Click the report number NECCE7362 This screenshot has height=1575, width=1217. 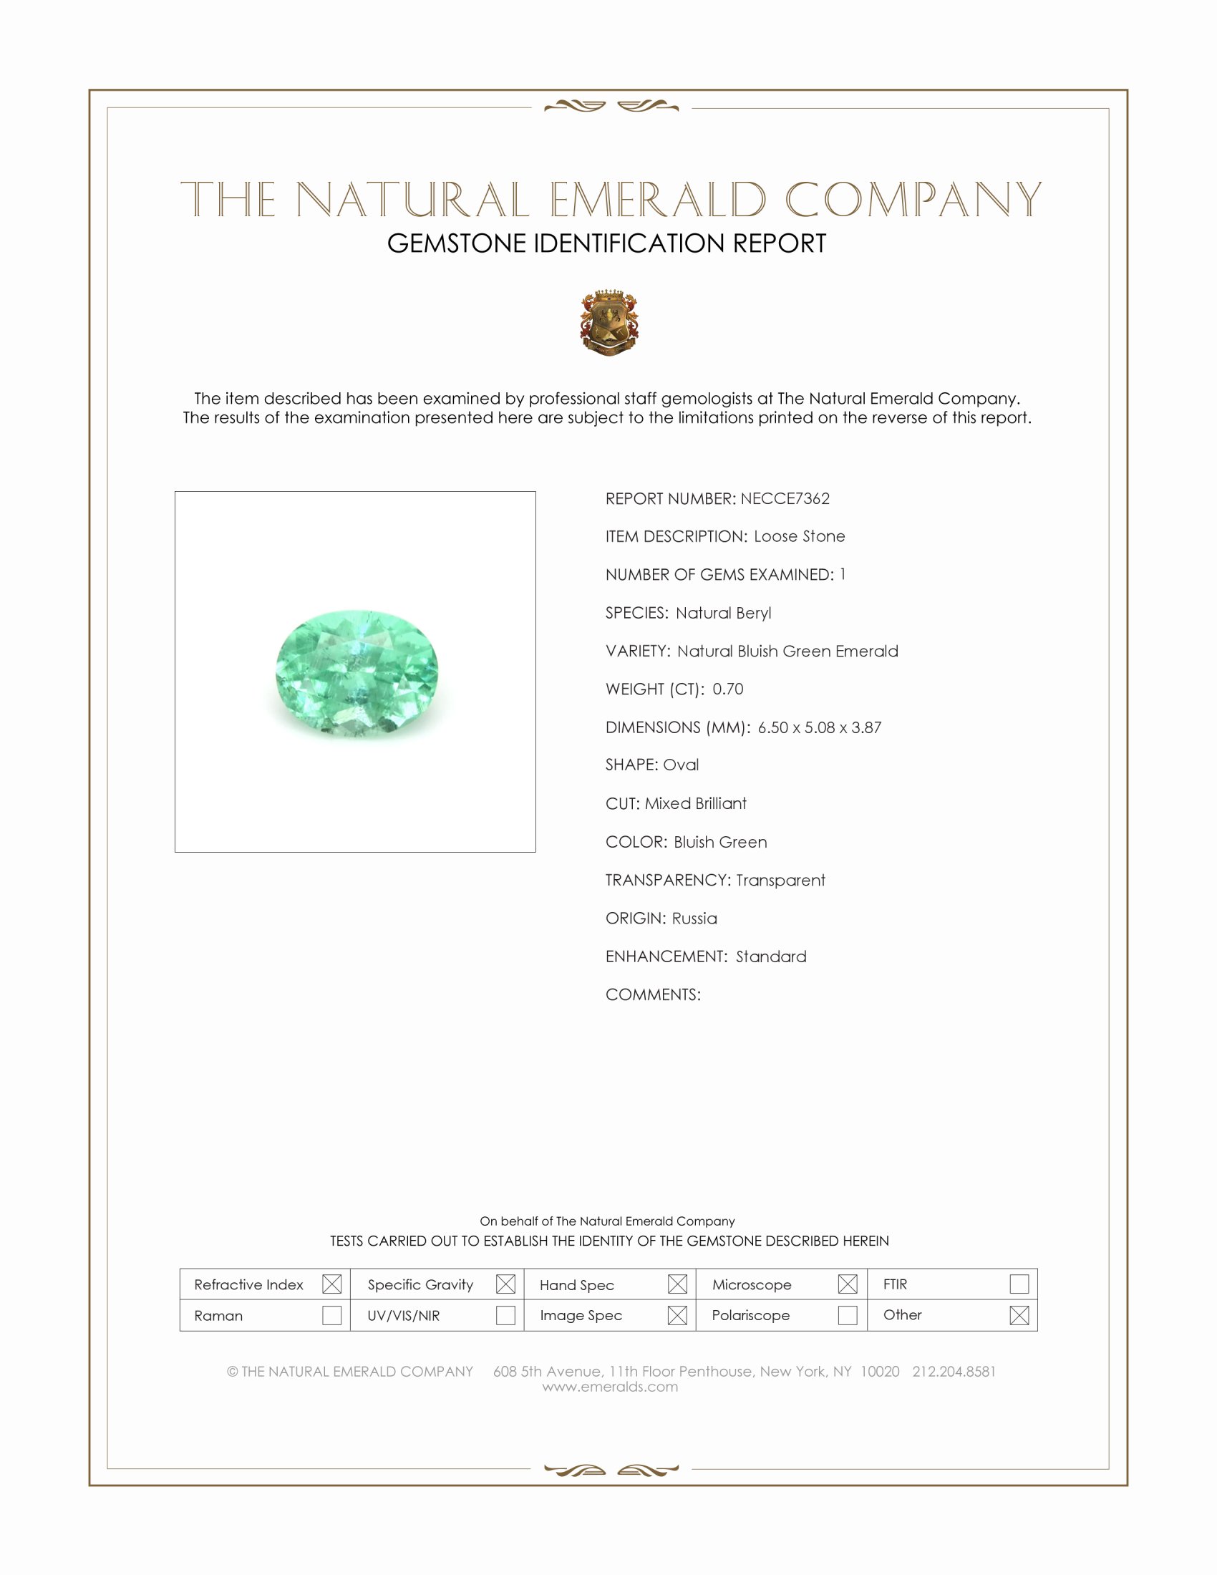[785, 499]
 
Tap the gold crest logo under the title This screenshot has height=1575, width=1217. [609, 322]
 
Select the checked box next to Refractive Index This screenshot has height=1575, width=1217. [331, 1284]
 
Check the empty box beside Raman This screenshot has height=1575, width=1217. [331, 1315]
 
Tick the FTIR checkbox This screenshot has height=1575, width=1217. [1019, 1284]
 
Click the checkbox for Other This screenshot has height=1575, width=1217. [1019, 1315]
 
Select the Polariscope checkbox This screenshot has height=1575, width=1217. [847, 1315]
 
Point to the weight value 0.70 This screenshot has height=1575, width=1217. [727, 689]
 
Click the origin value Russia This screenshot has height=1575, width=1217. [694, 919]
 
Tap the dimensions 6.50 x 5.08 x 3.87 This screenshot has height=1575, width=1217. [819, 727]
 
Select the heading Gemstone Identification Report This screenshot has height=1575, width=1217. [606, 243]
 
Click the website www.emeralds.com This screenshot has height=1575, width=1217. [610, 1387]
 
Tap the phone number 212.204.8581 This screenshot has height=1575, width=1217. [953, 1372]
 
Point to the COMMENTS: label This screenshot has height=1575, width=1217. [652, 995]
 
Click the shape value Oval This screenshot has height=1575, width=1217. [681, 765]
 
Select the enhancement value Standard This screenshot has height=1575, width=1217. [771, 957]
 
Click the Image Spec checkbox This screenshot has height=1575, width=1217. [677, 1315]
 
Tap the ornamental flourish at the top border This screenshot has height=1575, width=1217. [611, 107]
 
